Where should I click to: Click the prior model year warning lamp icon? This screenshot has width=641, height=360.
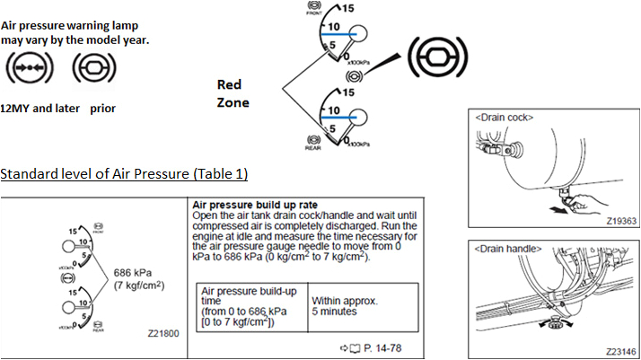pos(91,66)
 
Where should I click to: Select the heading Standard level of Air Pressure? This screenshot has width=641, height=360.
pos(124,172)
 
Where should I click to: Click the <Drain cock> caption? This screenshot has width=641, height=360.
pos(503,118)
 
